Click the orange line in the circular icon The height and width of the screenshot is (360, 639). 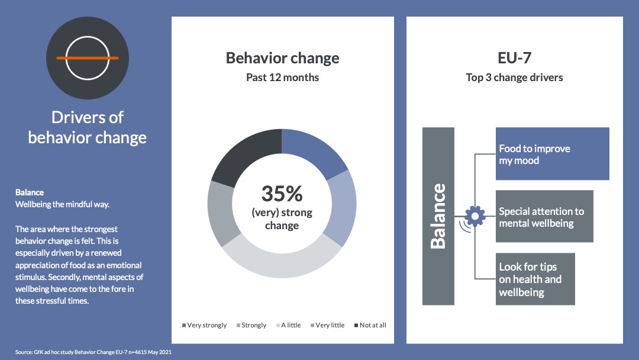[87, 58]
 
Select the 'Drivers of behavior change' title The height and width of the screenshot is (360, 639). [87, 128]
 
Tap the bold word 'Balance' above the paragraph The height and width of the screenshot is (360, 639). [30, 192]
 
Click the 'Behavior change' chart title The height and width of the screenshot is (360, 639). [282, 58]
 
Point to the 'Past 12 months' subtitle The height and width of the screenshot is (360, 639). [282, 78]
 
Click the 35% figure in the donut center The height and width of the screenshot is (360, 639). [282, 194]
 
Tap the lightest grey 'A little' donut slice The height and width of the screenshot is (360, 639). [281, 261]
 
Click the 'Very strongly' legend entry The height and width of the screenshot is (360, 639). [204, 325]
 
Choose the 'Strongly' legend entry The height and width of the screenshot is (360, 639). [251, 325]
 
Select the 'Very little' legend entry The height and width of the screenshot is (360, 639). [327, 325]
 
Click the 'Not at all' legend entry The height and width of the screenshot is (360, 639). [370, 325]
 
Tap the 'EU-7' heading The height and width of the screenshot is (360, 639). [514, 58]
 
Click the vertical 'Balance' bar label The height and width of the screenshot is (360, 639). [438, 216]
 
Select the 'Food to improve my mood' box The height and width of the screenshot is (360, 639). [552, 154]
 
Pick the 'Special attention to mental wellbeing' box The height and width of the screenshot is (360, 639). [544, 216]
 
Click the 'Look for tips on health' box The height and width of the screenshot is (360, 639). [535, 279]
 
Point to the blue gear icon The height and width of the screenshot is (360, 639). [475, 216]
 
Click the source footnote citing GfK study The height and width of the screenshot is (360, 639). [93, 352]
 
